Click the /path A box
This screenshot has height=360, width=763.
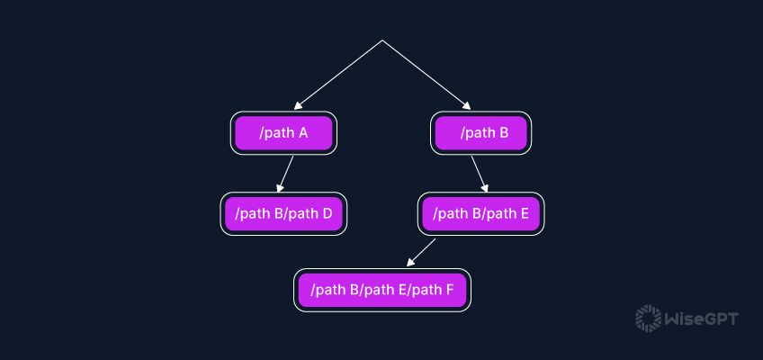[283, 133]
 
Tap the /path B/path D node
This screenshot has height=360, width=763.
[283, 214]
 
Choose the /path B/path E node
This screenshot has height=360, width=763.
[480, 214]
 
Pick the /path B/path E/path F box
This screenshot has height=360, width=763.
[381, 290]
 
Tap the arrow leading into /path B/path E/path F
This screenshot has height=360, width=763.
[421, 252]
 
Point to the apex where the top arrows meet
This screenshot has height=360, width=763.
[382, 40]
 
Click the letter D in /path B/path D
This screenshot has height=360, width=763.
[327, 214]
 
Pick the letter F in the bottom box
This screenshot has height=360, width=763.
[448, 290]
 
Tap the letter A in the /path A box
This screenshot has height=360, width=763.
[302, 133]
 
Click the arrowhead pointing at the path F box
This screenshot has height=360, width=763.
[410, 263]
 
